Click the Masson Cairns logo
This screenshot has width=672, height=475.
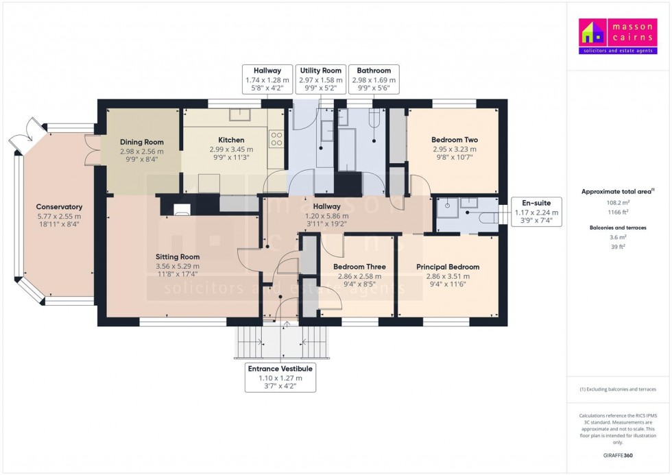[x=618, y=36]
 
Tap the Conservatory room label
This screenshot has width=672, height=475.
[x=59, y=207]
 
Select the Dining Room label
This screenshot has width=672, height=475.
[x=142, y=142]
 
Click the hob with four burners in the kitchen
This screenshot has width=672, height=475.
[x=276, y=139]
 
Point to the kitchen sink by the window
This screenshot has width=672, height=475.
[x=240, y=114]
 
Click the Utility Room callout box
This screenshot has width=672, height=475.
[x=321, y=80]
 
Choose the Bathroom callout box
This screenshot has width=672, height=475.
[x=374, y=80]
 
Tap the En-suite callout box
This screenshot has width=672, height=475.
[x=536, y=212]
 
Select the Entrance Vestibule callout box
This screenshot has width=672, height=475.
[x=280, y=377]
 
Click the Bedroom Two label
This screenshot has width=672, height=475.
[x=454, y=140]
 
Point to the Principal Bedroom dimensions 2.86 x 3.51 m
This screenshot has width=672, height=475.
[x=448, y=276]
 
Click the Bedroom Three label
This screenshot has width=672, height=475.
[x=359, y=267]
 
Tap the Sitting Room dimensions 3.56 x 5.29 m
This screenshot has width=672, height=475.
[x=178, y=267]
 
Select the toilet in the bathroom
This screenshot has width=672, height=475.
[x=374, y=118]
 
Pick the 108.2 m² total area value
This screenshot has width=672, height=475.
[x=618, y=203]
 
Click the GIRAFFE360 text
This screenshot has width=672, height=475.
[x=618, y=455]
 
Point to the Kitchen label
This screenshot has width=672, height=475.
[x=232, y=140]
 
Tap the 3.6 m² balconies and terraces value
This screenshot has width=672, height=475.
[x=618, y=237]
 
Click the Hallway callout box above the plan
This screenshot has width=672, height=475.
[x=267, y=80]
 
